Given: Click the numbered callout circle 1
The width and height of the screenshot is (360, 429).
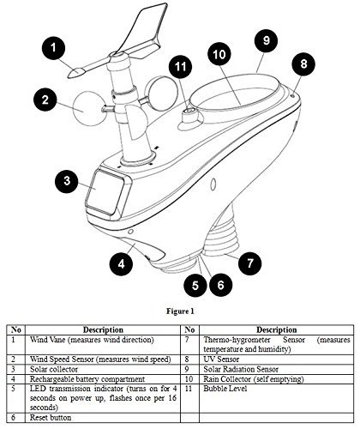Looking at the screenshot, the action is pos(53,48).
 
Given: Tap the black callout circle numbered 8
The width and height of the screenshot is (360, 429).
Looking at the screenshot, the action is pos(303,63).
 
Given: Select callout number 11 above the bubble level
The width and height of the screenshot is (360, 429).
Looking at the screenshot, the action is pos(181,66).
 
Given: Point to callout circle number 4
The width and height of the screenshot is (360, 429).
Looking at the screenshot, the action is pos(122,263).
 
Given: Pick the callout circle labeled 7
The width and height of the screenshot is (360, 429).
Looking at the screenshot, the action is pos(250,263).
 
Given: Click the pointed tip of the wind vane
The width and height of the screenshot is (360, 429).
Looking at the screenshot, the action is pos(69,76).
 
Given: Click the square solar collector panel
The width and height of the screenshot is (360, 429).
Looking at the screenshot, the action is pos(105,193).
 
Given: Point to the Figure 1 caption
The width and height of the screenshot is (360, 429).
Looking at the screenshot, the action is pos(180,311).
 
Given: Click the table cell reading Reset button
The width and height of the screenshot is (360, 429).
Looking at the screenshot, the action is pos(51,418).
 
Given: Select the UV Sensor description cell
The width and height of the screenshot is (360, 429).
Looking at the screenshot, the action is pos(221,360).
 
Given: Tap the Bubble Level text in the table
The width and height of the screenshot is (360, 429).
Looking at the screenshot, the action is pos(225,389).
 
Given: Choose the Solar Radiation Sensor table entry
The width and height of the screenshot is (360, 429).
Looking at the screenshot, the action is pos(241,369).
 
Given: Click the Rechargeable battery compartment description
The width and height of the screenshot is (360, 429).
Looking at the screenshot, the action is pos(87,379).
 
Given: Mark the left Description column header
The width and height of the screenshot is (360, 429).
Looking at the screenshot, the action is pos(103,329).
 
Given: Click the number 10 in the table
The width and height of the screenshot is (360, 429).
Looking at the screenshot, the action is pos(189,379).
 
